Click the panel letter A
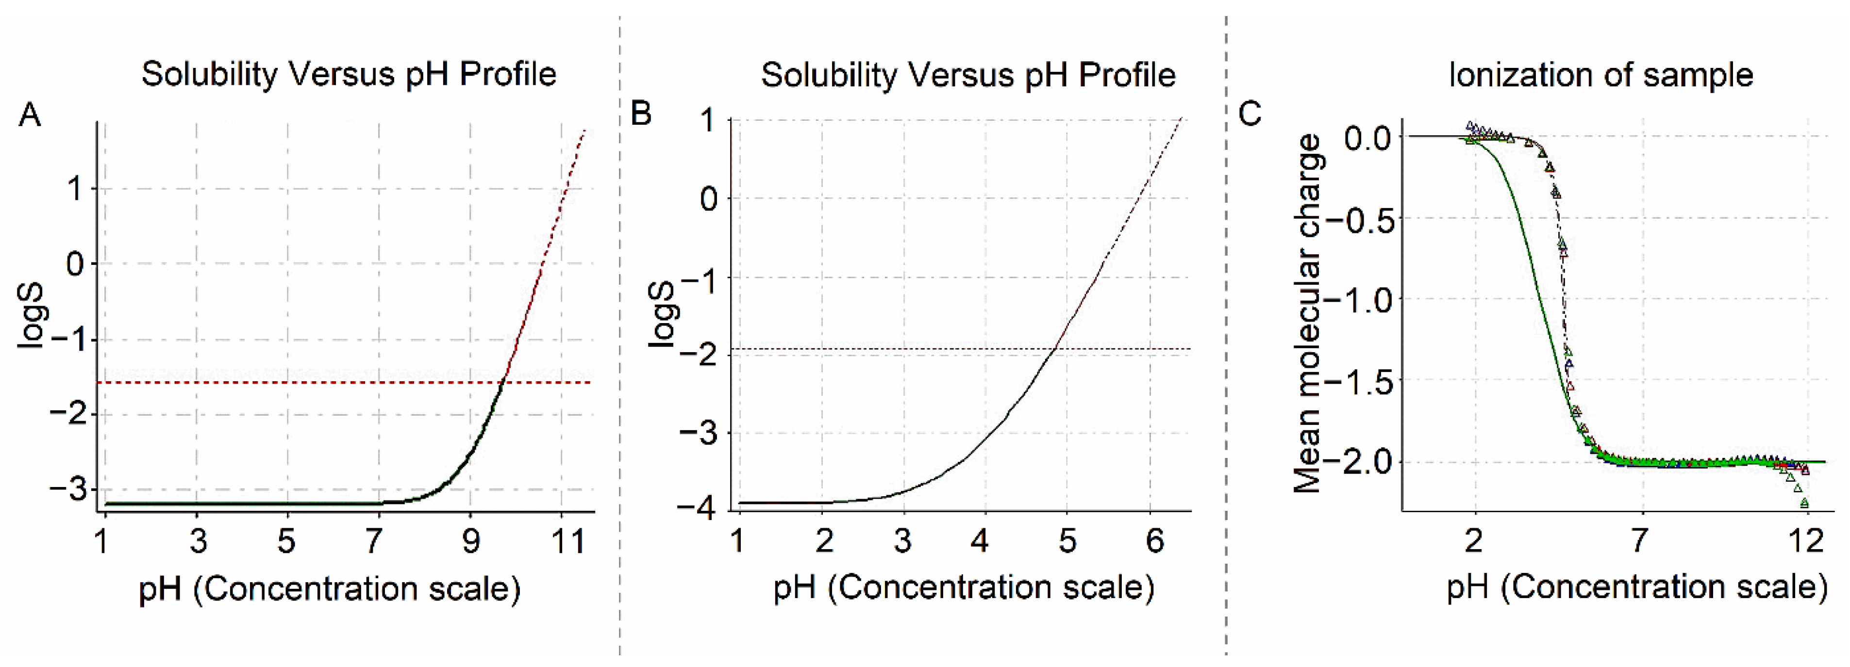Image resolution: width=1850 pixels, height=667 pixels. tap(30, 115)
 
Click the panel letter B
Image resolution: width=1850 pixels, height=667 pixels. tap(641, 114)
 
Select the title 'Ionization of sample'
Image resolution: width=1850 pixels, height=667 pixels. tap(1601, 75)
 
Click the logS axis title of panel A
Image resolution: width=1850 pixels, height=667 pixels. tap(31, 316)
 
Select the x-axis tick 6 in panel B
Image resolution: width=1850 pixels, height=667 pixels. tap(1154, 540)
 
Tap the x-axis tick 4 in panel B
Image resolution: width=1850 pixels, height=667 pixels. tap(980, 540)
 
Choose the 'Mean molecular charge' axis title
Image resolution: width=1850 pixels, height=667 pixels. tap(1307, 314)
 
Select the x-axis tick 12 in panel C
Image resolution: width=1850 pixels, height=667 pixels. tap(1805, 539)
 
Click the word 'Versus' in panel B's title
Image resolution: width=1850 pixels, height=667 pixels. tap(960, 75)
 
